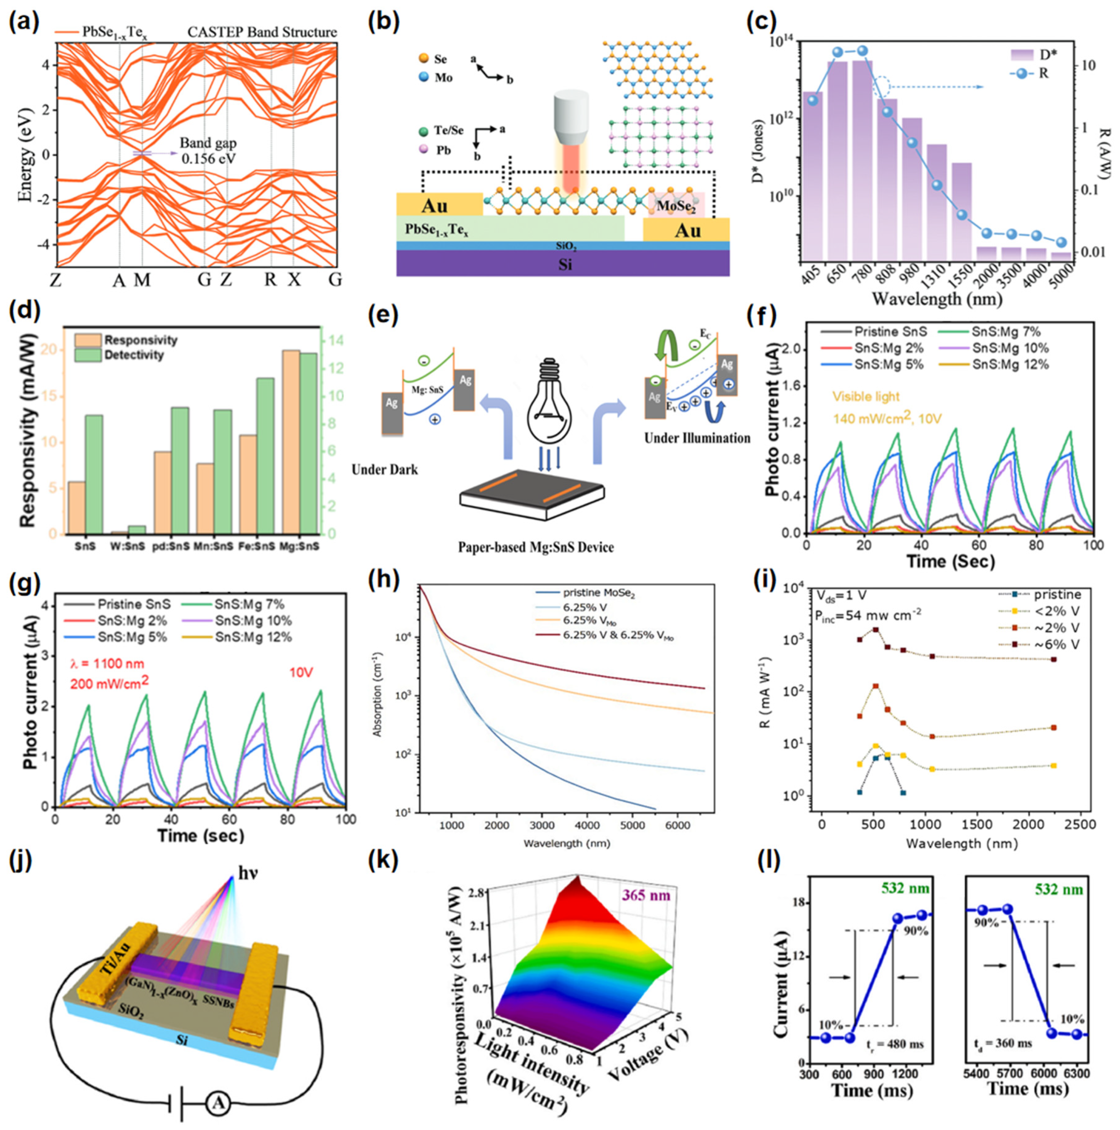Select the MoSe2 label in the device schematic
pyautogui.click(x=675, y=206)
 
